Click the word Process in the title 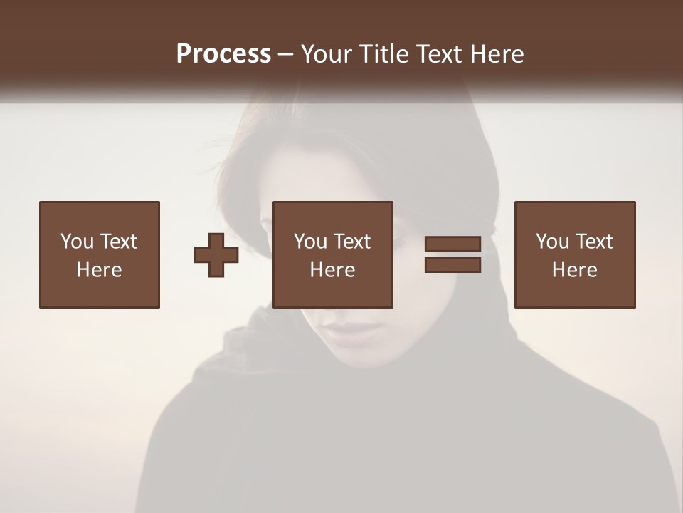click(x=223, y=54)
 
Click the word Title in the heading click(x=382, y=54)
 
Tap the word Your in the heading click(x=327, y=54)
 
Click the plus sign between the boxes click(x=216, y=255)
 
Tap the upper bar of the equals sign click(x=452, y=244)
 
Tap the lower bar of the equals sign click(x=452, y=265)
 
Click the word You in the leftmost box click(x=77, y=242)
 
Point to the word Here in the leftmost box click(x=99, y=270)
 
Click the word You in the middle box click(x=310, y=242)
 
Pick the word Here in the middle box click(x=332, y=270)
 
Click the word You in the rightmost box click(x=552, y=242)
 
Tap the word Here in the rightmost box click(x=574, y=270)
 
